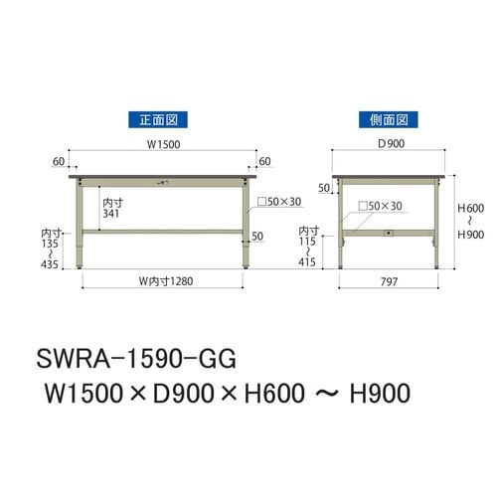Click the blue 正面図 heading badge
162,120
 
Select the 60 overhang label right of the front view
264,160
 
